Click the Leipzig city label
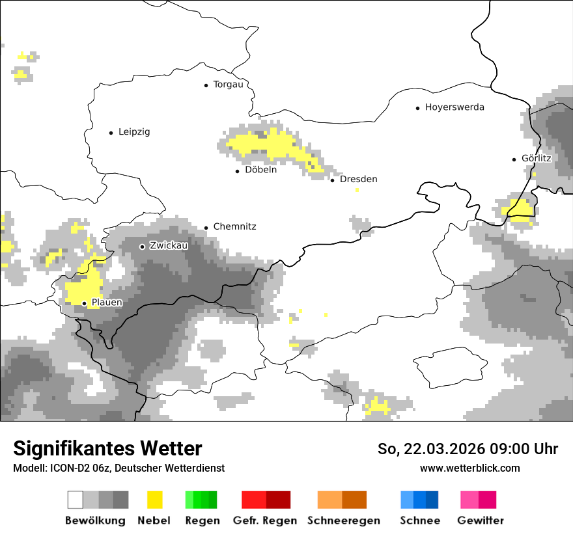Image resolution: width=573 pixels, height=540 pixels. click(x=134, y=132)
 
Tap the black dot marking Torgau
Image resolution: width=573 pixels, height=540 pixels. click(x=206, y=85)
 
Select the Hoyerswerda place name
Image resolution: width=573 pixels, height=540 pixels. click(x=454, y=107)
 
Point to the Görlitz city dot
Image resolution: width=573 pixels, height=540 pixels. click(x=514, y=159)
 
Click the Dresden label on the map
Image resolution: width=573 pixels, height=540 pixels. click(x=358, y=180)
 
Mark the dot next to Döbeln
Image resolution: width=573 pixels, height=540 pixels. click(x=238, y=171)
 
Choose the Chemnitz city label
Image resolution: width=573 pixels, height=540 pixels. click(x=234, y=227)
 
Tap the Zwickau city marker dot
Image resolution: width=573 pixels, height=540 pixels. click(x=143, y=247)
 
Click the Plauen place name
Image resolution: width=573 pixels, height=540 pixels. click(x=107, y=303)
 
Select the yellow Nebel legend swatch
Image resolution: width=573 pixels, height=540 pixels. click(x=154, y=500)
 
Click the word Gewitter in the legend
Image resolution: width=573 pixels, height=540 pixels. click(x=481, y=520)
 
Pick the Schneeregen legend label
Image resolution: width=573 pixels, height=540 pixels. click(x=344, y=520)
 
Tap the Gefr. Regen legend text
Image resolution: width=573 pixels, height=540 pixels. click(x=265, y=520)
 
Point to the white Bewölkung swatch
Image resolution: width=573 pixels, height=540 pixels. click(x=76, y=500)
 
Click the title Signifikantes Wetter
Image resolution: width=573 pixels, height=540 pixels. click(x=107, y=449)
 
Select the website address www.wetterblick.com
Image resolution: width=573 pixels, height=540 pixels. click(x=469, y=468)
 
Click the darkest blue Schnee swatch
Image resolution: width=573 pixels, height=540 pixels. click(x=432, y=500)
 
